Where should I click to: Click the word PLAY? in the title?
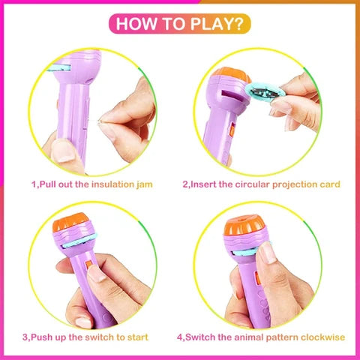[217, 24]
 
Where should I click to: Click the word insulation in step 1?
[112, 184]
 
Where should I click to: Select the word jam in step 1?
[145, 185]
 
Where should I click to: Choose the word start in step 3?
[138, 337]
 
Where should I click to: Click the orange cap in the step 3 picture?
[70, 222]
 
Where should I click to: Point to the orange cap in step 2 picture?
[231, 74]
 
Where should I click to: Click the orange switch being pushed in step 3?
[88, 265]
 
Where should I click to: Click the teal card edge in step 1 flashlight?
[59, 67]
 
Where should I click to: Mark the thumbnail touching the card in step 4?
[267, 253]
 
